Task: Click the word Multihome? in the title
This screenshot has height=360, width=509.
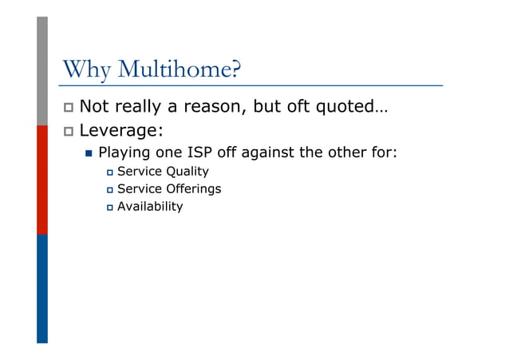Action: [x=178, y=70]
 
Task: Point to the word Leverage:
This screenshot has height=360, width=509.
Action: [x=122, y=129]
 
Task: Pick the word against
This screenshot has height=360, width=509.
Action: [x=275, y=151]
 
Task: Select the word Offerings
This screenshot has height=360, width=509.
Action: [x=193, y=188]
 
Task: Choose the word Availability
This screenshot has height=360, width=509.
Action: [x=150, y=206]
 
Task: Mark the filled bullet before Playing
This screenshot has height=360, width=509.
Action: [x=89, y=152]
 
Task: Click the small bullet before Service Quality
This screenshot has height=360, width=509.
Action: [x=110, y=172]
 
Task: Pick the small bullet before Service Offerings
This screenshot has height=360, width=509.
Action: [x=110, y=189]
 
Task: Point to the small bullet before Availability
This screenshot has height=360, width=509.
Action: [x=110, y=207]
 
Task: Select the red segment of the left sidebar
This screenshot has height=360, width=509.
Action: [x=42, y=180]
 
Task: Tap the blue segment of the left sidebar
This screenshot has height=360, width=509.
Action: [x=42, y=288]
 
